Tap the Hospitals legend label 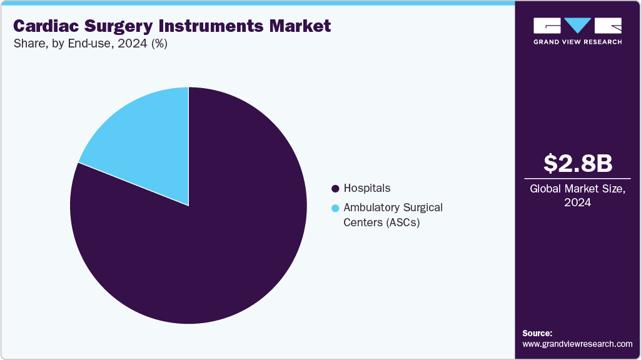point(366,188)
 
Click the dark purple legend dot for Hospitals point(336,188)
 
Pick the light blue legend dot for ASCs point(336,208)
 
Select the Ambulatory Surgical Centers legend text point(393,207)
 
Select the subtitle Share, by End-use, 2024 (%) point(90,44)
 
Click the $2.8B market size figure point(577,163)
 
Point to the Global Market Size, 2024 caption point(577,196)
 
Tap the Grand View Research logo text point(577,42)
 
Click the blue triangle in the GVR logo point(578,26)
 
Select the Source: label point(537,333)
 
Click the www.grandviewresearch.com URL point(577,344)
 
